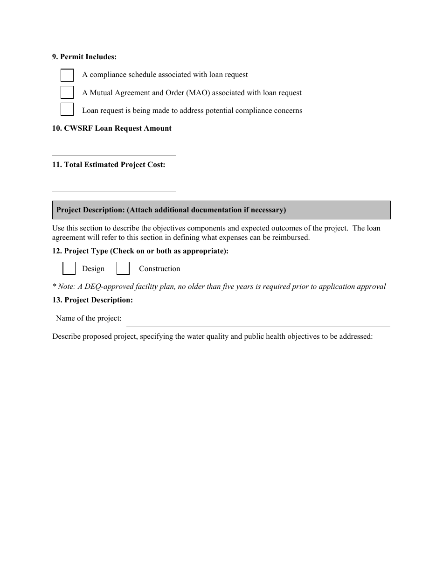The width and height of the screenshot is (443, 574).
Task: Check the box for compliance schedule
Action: pyautogui.click(x=67, y=75)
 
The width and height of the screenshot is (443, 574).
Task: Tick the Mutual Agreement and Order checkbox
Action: pyautogui.click(x=67, y=92)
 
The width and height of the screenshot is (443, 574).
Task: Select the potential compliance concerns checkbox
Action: pyautogui.click(x=67, y=109)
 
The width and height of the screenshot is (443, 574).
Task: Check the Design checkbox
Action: pyautogui.click(x=69, y=268)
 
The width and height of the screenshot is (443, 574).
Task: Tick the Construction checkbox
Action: pyautogui.click(x=123, y=268)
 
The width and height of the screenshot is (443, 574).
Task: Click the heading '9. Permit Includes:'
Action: pyautogui.click(x=84, y=57)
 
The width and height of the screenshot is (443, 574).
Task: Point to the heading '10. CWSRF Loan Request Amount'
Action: pyautogui.click(x=112, y=128)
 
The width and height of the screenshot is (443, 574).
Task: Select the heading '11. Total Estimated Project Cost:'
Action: pyautogui.click(x=109, y=165)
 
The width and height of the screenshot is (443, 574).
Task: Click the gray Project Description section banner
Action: pyautogui.click(x=221, y=210)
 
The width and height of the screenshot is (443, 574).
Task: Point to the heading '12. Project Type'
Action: pyautogui.click(x=140, y=251)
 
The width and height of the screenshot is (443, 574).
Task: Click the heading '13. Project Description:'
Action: pyautogui.click(x=92, y=300)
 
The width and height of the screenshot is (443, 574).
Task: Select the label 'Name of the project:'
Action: pyautogui.click(x=89, y=318)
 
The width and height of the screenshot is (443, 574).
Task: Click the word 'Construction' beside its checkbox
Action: pyautogui.click(x=159, y=269)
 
